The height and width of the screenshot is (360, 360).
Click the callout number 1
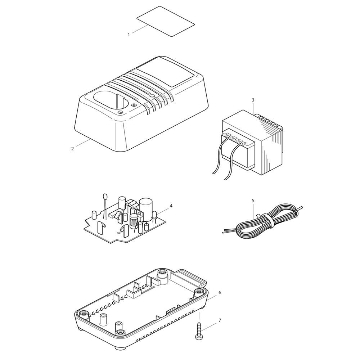tap(129, 35)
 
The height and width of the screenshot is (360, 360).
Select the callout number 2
tap(73, 149)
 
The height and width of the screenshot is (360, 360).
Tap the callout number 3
tap(253, 100)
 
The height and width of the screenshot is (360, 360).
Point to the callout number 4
tap(171, 206)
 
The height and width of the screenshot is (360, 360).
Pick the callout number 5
tap(253, 201)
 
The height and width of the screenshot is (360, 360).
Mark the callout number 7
tap(220, 320)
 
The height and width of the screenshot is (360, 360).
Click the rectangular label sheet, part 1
tap(166, 21)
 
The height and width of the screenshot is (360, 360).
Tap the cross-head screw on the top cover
tap(134, 105)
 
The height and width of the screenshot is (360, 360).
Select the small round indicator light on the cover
tap(152, 96)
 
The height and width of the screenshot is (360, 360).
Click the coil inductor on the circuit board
tap(133, 221)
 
